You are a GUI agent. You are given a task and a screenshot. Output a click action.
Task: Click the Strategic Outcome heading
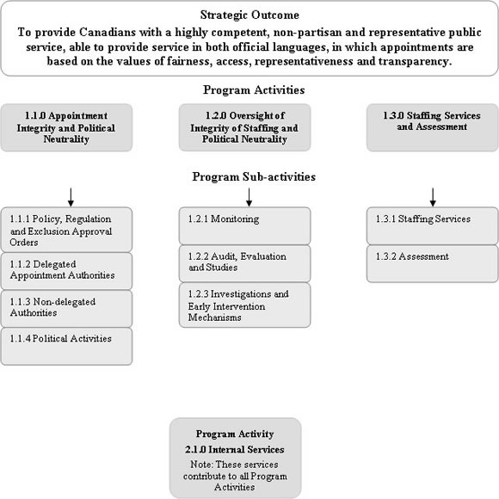249,15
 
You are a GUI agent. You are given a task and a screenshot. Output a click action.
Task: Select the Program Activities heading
249,89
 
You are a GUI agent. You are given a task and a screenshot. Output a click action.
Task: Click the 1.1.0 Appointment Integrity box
66,127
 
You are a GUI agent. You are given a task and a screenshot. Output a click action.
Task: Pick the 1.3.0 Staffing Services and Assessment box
432,127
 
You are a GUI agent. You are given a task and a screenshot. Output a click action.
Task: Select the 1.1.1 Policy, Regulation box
66,230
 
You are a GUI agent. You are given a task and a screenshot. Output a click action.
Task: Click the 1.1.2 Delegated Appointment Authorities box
66,270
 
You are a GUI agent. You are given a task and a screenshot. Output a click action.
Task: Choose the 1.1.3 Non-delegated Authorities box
66,308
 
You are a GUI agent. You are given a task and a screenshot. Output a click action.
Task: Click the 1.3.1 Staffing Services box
432,225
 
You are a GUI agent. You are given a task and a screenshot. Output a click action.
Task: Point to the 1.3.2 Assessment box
432,262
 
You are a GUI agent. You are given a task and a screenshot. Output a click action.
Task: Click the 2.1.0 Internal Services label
235,449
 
